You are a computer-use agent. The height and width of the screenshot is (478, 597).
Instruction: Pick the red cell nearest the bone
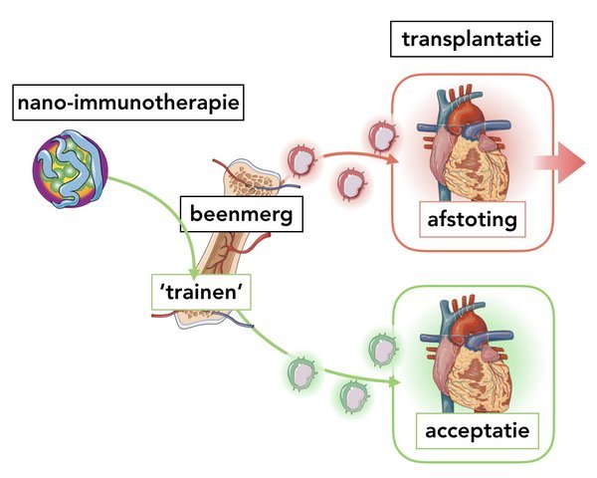click(302, 158)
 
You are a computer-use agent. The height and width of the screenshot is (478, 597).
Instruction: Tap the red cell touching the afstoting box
click(382, 136)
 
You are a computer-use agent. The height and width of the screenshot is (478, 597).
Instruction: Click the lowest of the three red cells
click(352, 183)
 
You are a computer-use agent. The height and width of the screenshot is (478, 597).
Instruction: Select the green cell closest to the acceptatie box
click(383, 349)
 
